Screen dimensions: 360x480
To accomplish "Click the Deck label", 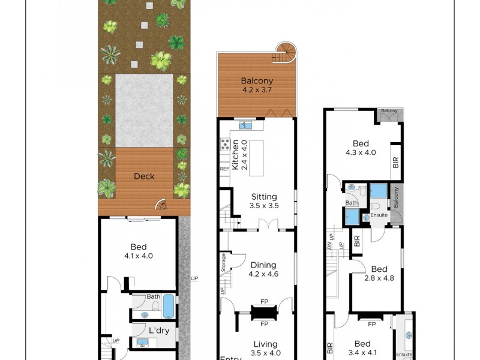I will (x=144, y=176).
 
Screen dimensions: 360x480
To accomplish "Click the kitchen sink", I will (x=245, y=125).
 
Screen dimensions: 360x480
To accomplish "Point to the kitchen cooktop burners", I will (x=226, y=144).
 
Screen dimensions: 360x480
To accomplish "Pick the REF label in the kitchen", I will (x=224, y=169).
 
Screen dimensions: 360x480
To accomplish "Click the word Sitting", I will (x=263, y=196).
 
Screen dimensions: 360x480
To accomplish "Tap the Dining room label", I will (x=263, y=265).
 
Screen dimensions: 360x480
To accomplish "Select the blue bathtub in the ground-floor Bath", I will (x=169, y=306).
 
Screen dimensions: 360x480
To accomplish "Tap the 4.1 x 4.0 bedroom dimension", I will (x=139, y=256).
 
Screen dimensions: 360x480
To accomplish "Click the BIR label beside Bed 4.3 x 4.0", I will (x=395, y=162).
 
